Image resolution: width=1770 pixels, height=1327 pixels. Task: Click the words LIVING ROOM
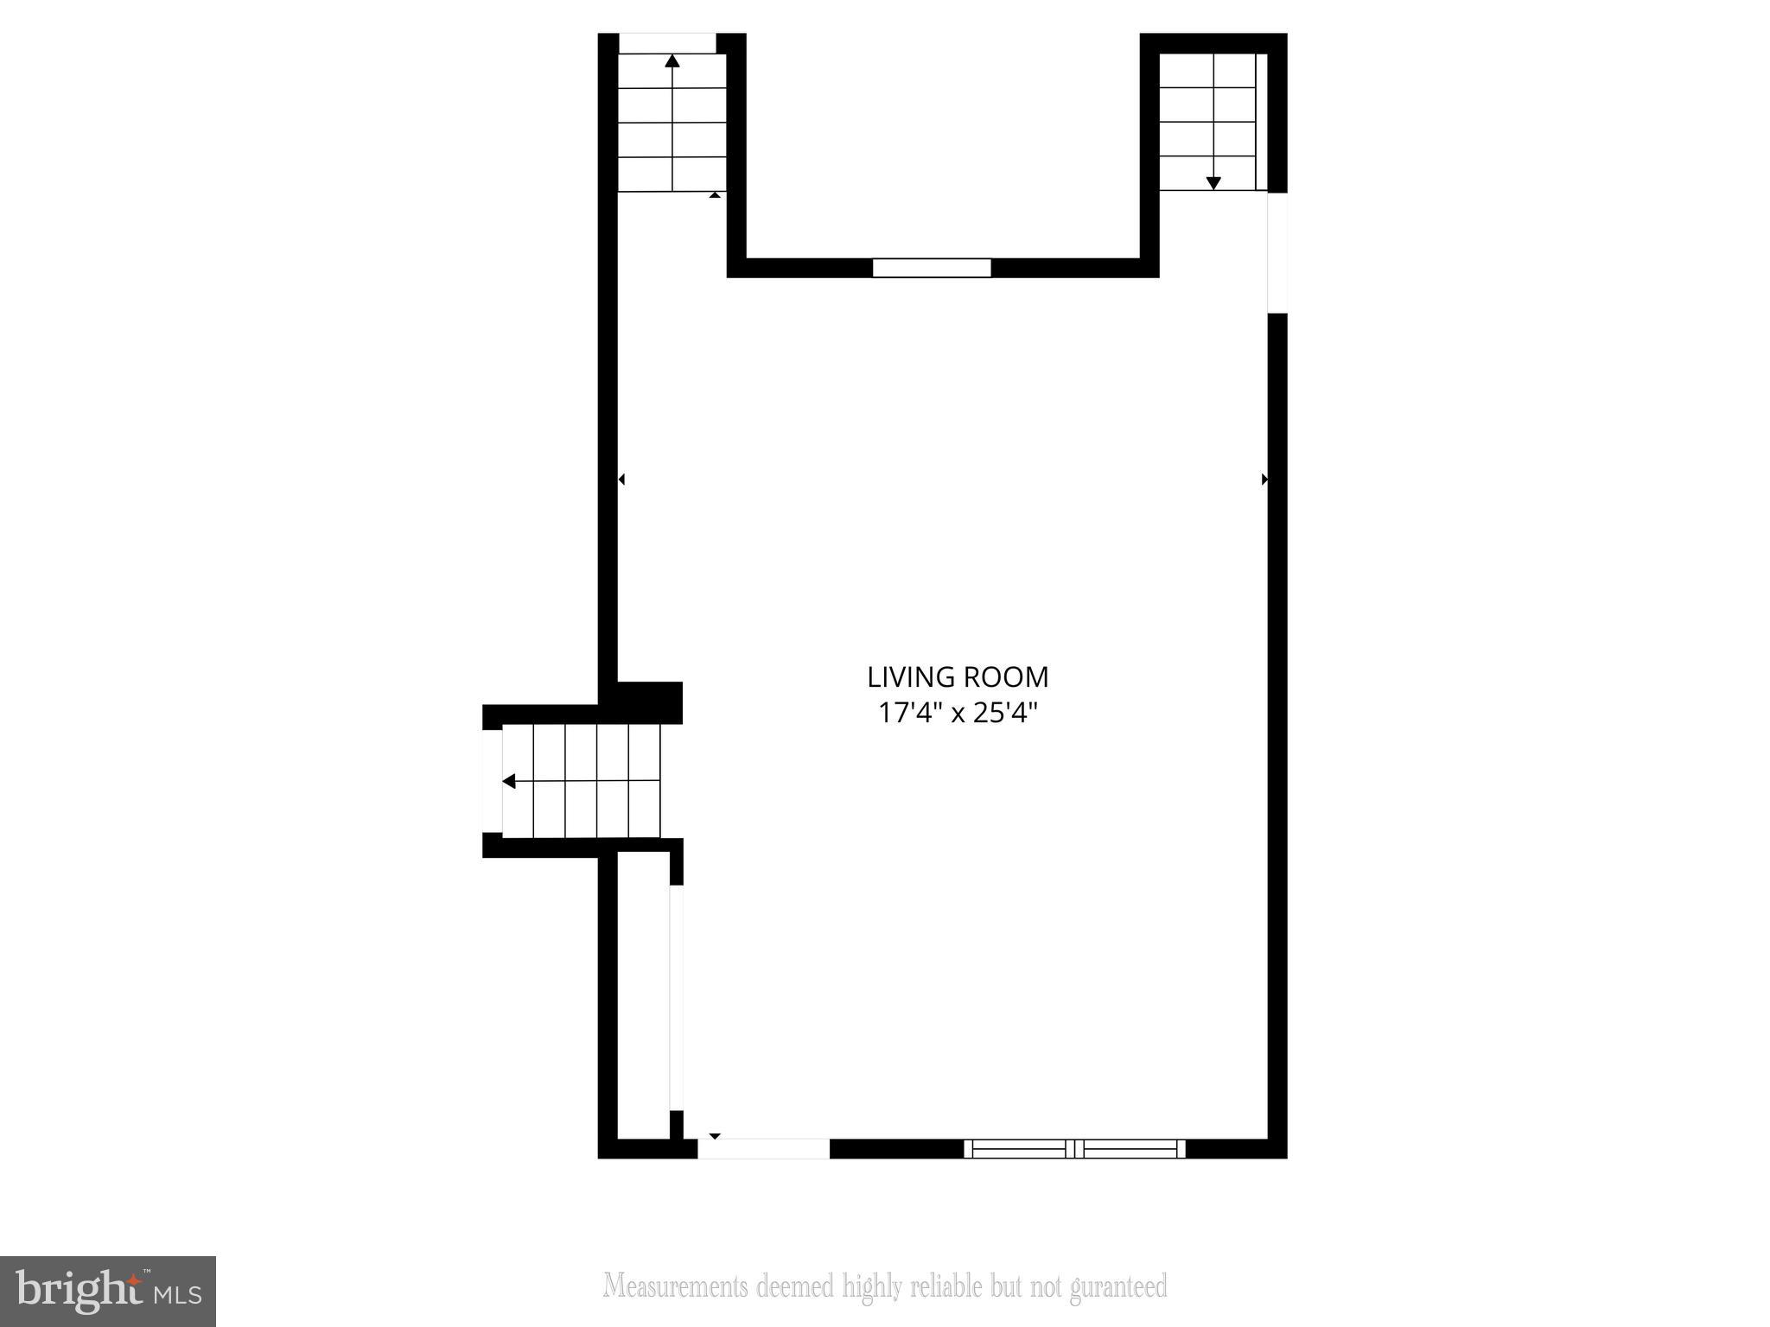tap(958, 676)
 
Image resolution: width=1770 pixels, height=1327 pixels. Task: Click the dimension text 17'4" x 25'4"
tap(958, 714)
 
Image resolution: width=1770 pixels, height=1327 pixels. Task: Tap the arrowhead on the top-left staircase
tap(672, 60)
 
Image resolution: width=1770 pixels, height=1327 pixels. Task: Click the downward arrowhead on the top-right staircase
tap(1213, 182)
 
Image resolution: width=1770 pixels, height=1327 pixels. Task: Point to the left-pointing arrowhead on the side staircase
tap(509, 781)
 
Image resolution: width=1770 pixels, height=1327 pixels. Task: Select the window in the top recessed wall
tap(931, 268)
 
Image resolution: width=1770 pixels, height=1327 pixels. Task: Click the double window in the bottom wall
tap(1074, 1148)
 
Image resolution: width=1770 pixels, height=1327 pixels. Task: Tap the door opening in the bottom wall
tap(763, 1148)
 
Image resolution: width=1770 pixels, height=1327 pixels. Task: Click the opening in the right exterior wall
tap(1277, 252)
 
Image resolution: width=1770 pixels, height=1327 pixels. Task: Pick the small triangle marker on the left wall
tap(621, 479)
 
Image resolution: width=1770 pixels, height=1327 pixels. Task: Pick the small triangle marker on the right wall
tap(1264, 479)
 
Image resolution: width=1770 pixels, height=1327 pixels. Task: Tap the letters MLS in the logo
tap(178, 1294)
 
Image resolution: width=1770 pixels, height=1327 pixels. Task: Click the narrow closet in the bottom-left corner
tap(644, 994)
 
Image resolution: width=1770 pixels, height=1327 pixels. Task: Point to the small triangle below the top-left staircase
tap(715, 195)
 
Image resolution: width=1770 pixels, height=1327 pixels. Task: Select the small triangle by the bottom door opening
tap(715, 1135)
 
